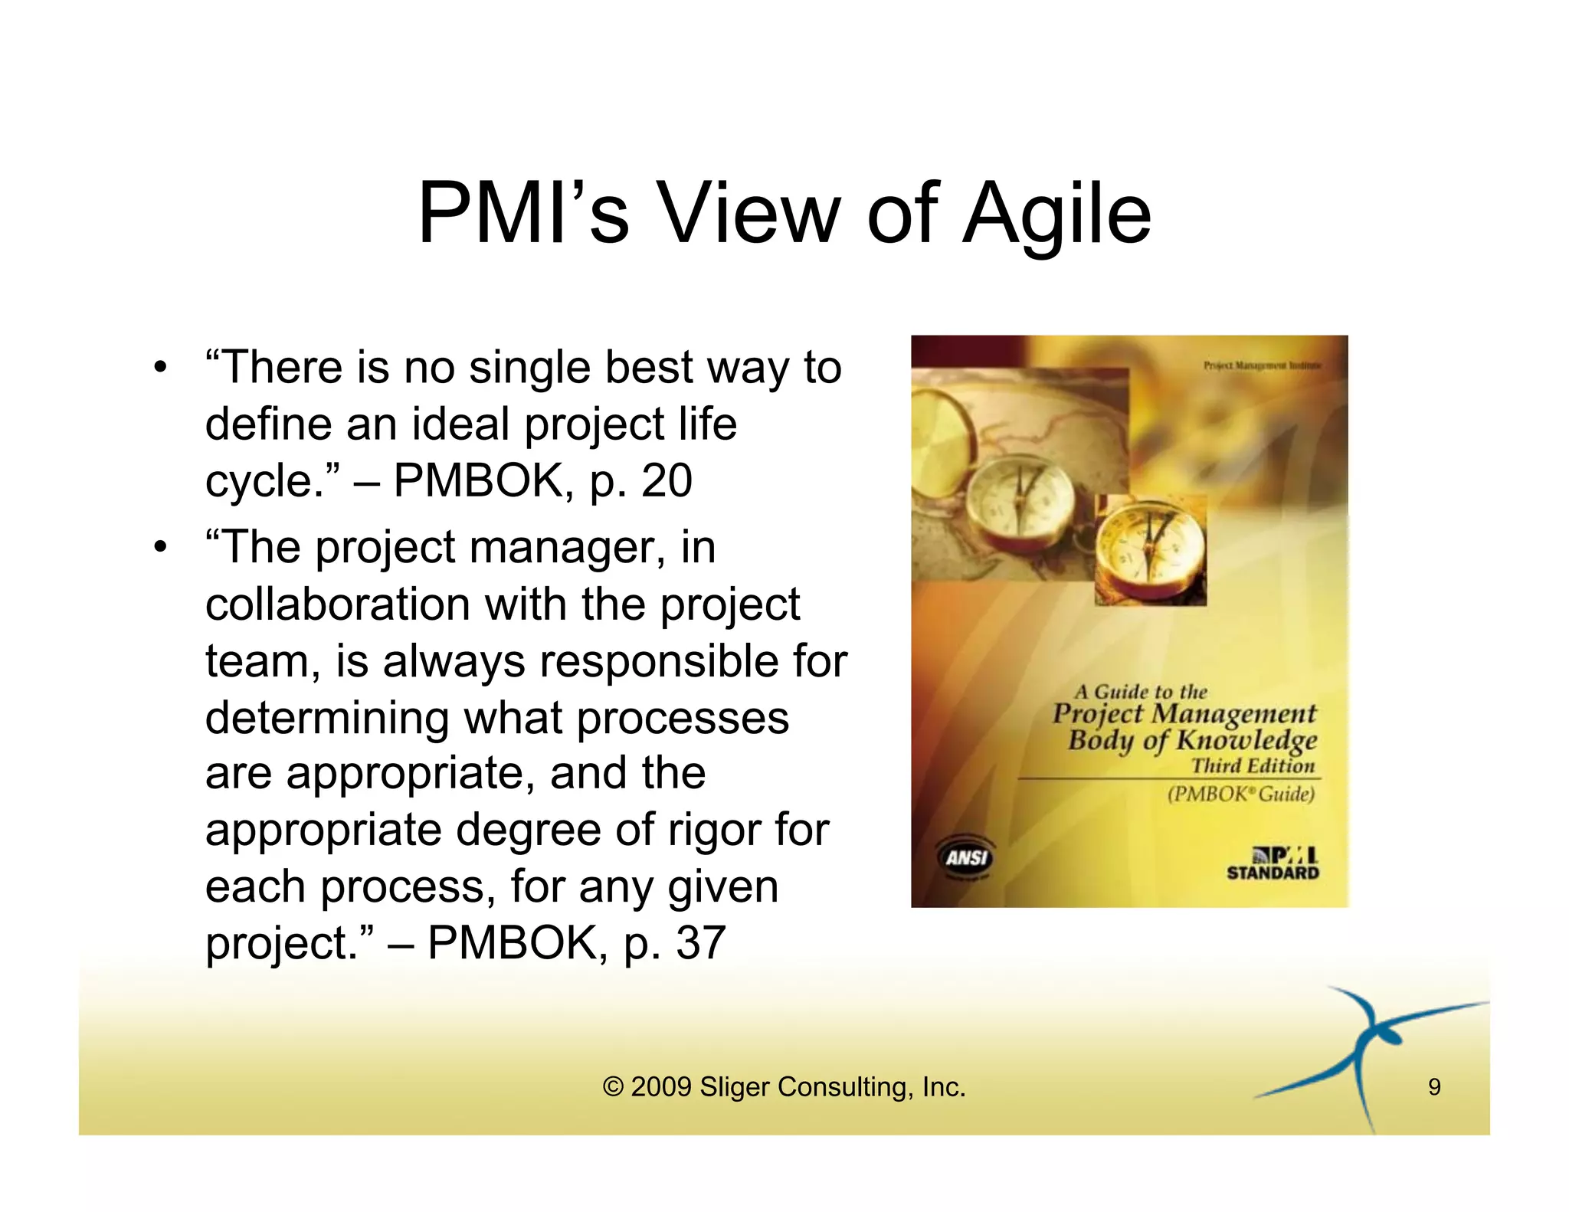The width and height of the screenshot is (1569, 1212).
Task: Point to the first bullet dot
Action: point(159,367)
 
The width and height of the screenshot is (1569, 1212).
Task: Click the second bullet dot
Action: point(159,548)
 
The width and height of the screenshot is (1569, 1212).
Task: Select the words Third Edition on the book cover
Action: point(1253,765)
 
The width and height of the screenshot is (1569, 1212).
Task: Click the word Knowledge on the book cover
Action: point(1246,740)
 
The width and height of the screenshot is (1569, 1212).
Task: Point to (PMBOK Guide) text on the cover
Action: point(1240,794)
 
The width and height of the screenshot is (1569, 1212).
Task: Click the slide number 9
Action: point(1434,1086)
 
